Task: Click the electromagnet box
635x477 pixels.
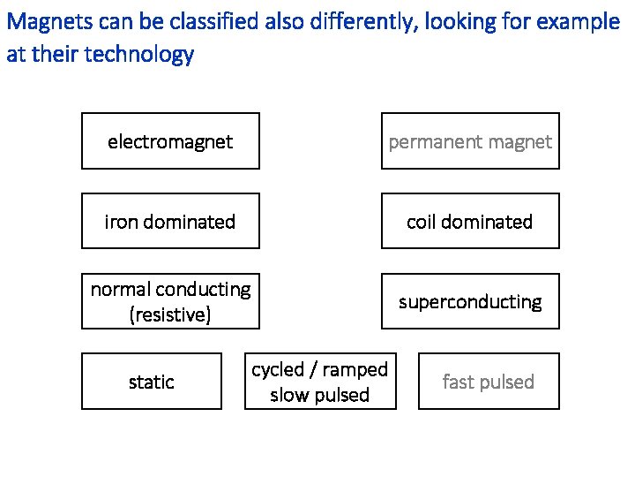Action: click(170, 141)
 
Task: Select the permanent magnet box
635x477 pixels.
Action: click(470, 141)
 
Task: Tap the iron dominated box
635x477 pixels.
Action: click(170, 221)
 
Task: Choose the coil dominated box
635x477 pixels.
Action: click(470, 221)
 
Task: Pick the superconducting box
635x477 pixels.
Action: click(470, 301)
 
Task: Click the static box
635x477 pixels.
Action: click(152, 382)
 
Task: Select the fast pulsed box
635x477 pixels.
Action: click(489, 382)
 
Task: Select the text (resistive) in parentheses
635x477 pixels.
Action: click(170, 314)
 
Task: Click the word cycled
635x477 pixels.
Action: click(278, 370)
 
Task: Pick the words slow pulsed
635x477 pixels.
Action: click(320, 395)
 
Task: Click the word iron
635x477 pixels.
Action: click(121, 222)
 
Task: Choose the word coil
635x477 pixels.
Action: click(422, 222)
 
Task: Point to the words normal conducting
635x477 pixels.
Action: click(170, 289)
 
